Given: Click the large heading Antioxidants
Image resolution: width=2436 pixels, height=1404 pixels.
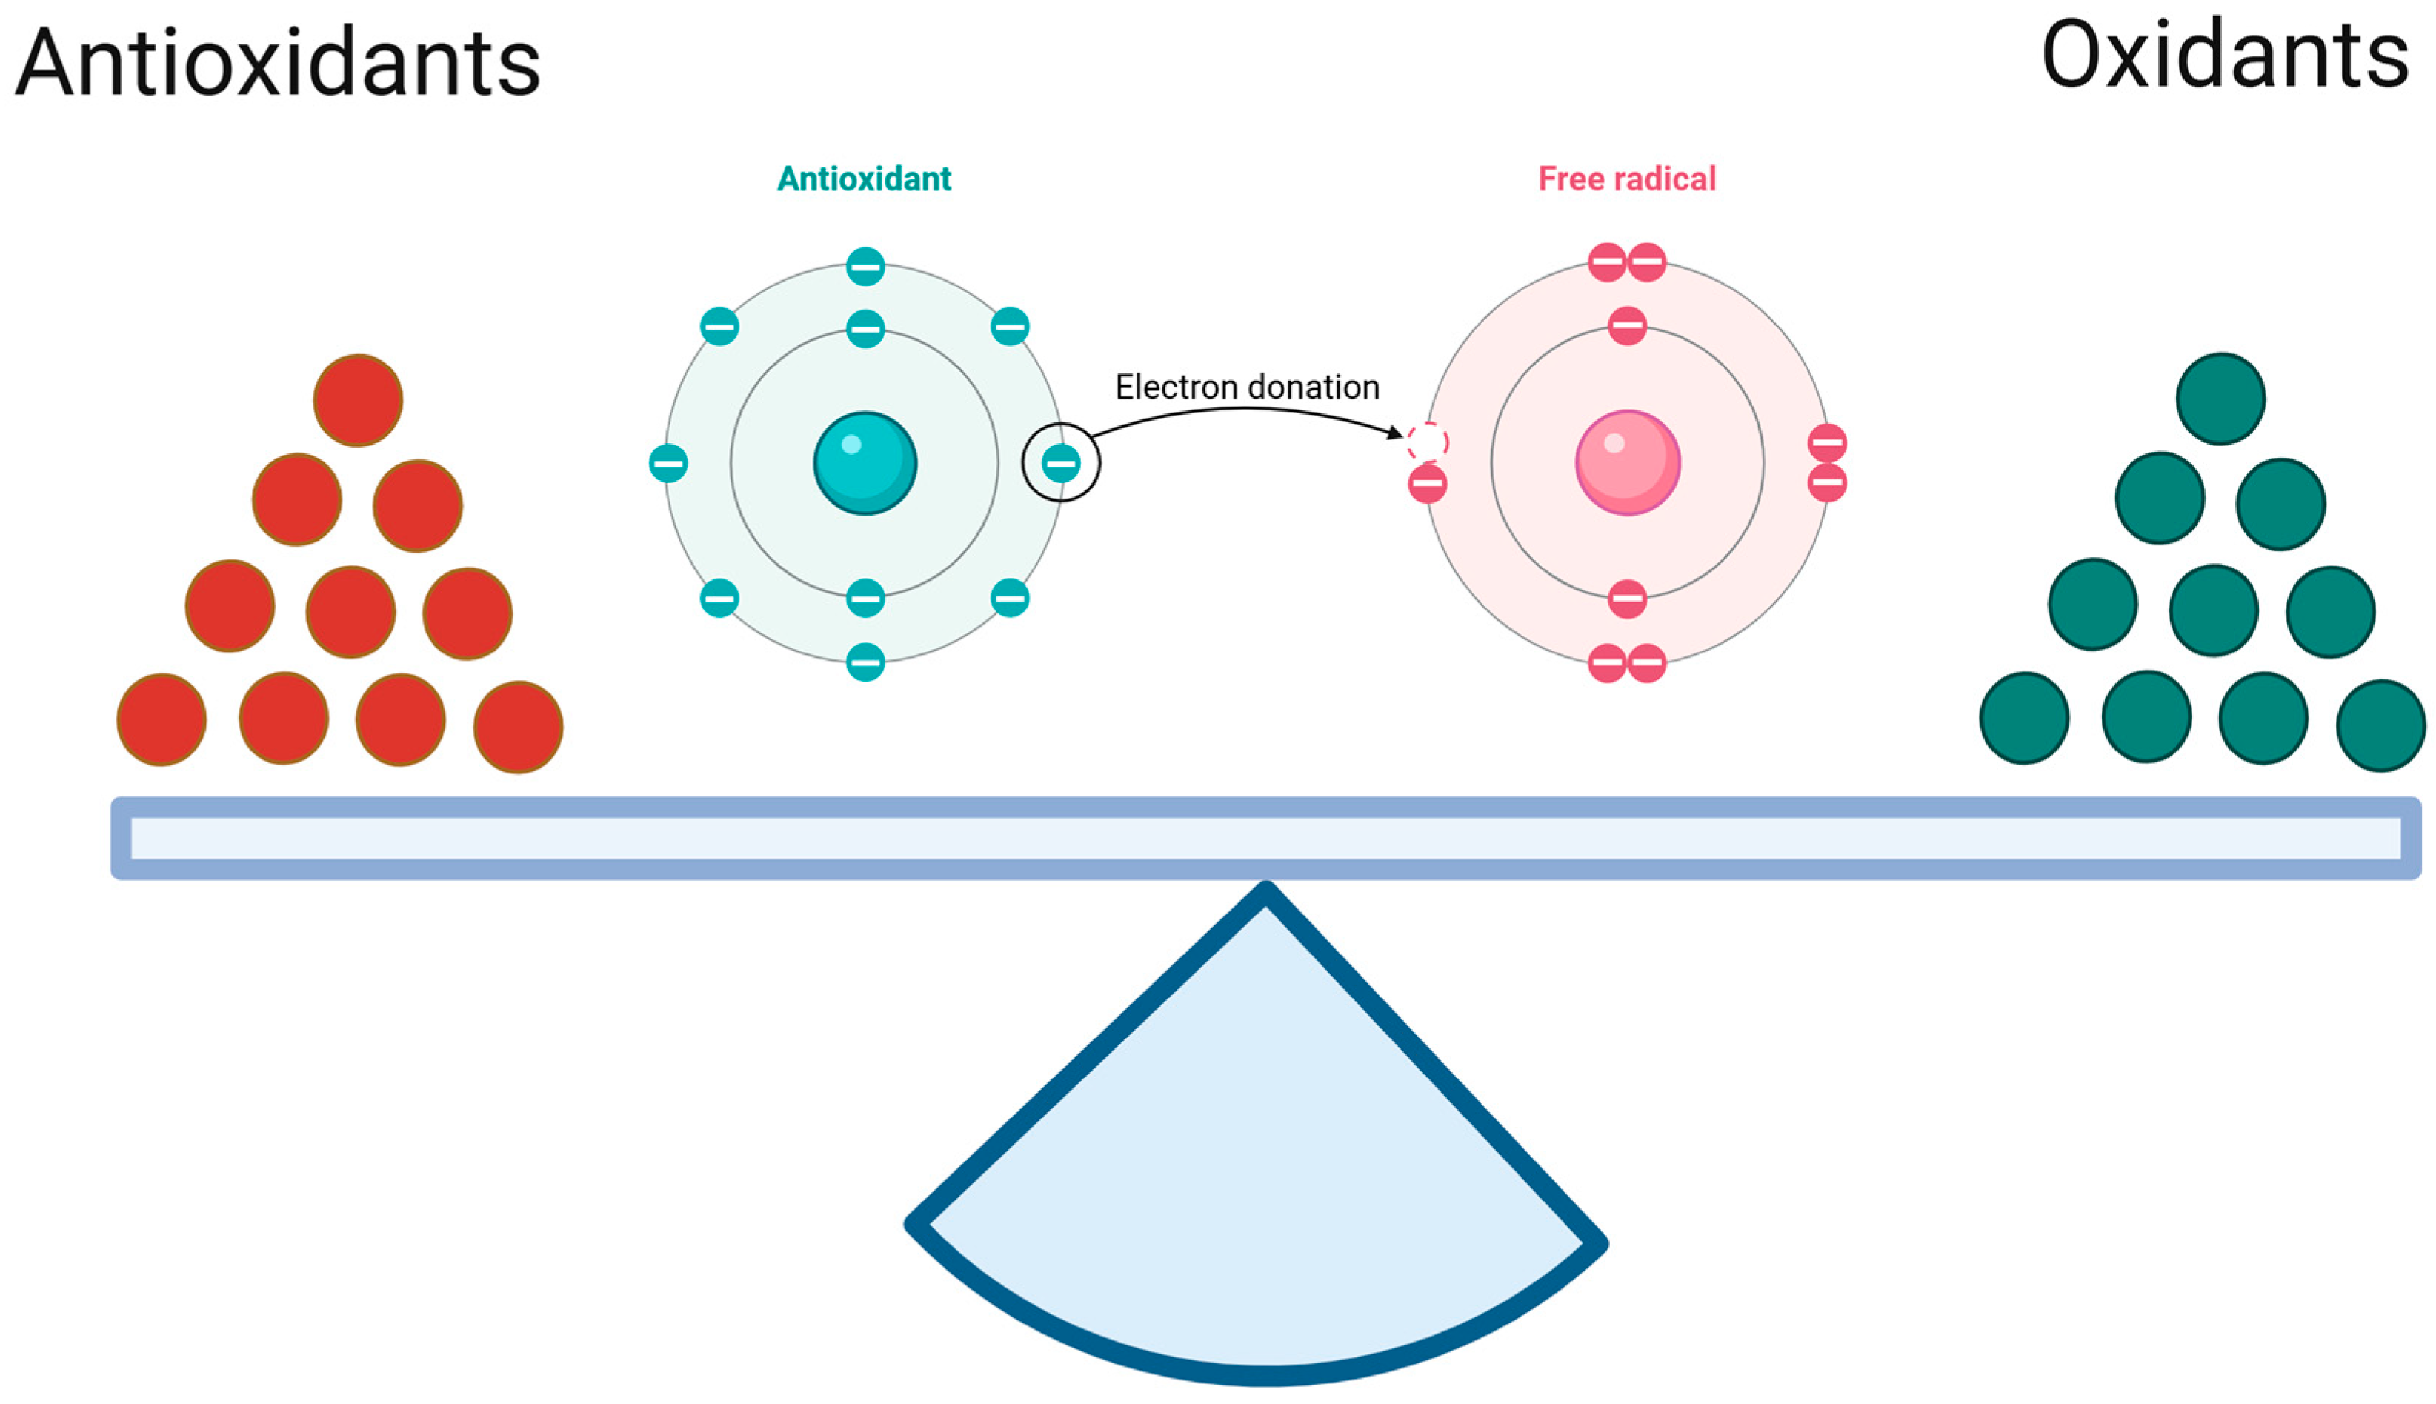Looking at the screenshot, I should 278,64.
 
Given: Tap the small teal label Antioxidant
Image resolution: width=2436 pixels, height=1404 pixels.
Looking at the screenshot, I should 864,179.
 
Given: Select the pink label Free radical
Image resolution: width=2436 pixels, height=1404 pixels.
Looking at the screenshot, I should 1626,179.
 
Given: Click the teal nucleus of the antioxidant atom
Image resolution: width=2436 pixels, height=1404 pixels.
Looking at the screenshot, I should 865,463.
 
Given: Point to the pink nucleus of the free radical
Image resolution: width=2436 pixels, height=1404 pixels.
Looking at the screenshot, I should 1627,463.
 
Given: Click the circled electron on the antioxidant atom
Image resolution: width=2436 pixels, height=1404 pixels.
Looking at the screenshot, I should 1060,463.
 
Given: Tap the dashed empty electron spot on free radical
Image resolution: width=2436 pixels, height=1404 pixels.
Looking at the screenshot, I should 1427,442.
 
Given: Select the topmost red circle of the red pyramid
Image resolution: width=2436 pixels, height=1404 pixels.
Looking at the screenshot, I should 358,399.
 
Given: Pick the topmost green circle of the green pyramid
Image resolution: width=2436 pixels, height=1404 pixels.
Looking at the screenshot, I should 2220,399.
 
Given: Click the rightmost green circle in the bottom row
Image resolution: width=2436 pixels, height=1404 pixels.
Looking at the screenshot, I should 2380,725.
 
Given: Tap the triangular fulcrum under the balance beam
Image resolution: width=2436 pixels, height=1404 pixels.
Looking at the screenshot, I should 1263,1157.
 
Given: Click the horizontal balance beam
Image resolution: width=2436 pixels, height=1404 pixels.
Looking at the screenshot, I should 1265,837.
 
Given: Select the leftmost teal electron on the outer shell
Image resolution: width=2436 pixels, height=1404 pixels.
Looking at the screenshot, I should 668,463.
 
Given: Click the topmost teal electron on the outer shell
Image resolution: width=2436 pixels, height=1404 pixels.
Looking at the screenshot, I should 865,266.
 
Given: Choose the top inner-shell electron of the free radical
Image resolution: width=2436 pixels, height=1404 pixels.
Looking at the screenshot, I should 1627,325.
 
